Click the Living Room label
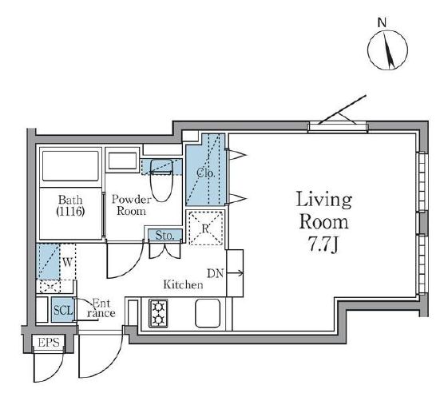tap(323, 210)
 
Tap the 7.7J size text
tap(323, 244)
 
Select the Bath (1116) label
tap(70, 205)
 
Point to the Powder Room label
tap(131, 205)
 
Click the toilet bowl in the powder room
tap(162, 180)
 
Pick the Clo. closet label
tap(205, 173)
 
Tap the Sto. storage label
tap(165, 236)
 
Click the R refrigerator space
tap(206, 228)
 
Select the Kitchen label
tap(183, 284)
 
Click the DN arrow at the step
tap(235, 273)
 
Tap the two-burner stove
tap(158, 313)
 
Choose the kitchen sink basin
tap(208, 313)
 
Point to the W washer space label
tap(67, 262)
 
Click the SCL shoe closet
tap(63, 310)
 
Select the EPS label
tap(49, 343)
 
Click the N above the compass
tap(382, 22)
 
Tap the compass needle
tap(388, 50)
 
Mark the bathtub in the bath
tap(70, 166)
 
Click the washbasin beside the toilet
tap(123, 161)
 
